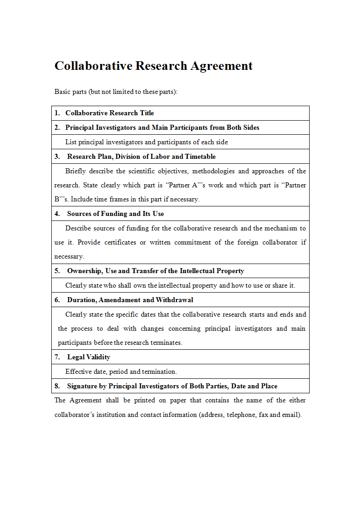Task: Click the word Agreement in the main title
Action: coord(221,66)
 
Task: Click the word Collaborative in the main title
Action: coord(94,66)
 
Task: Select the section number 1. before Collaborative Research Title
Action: coord(57,113)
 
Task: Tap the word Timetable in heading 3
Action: coord(200,157)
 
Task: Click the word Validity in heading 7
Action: coord(99,357)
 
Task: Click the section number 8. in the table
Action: coord(57,386)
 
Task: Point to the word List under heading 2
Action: coord(71,142)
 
